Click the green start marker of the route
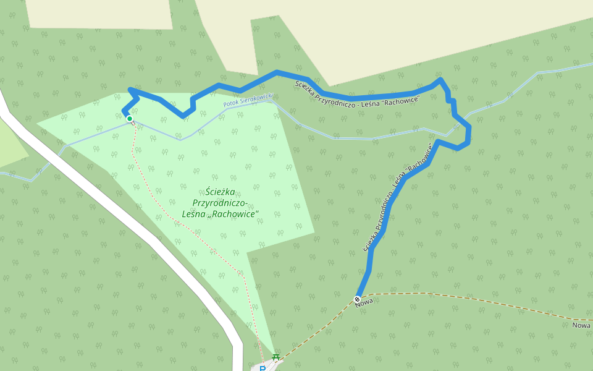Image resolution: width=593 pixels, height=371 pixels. (x=130, y=119)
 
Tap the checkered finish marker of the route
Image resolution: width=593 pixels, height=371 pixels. (x=357, y=299)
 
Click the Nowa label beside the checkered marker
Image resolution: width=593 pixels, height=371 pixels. (x=365, y=301)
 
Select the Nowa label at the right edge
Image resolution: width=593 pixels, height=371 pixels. (x=581, y=325)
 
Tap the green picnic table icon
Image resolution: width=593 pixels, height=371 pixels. (x=276, y=357)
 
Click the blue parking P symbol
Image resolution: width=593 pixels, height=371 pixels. (x=263, y=369)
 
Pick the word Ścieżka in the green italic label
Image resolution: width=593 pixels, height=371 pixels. (x=219, y=192)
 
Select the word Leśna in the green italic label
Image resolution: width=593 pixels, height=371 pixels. (x=196, y=215)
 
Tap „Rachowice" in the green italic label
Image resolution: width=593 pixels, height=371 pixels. (x=235, y=215)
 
